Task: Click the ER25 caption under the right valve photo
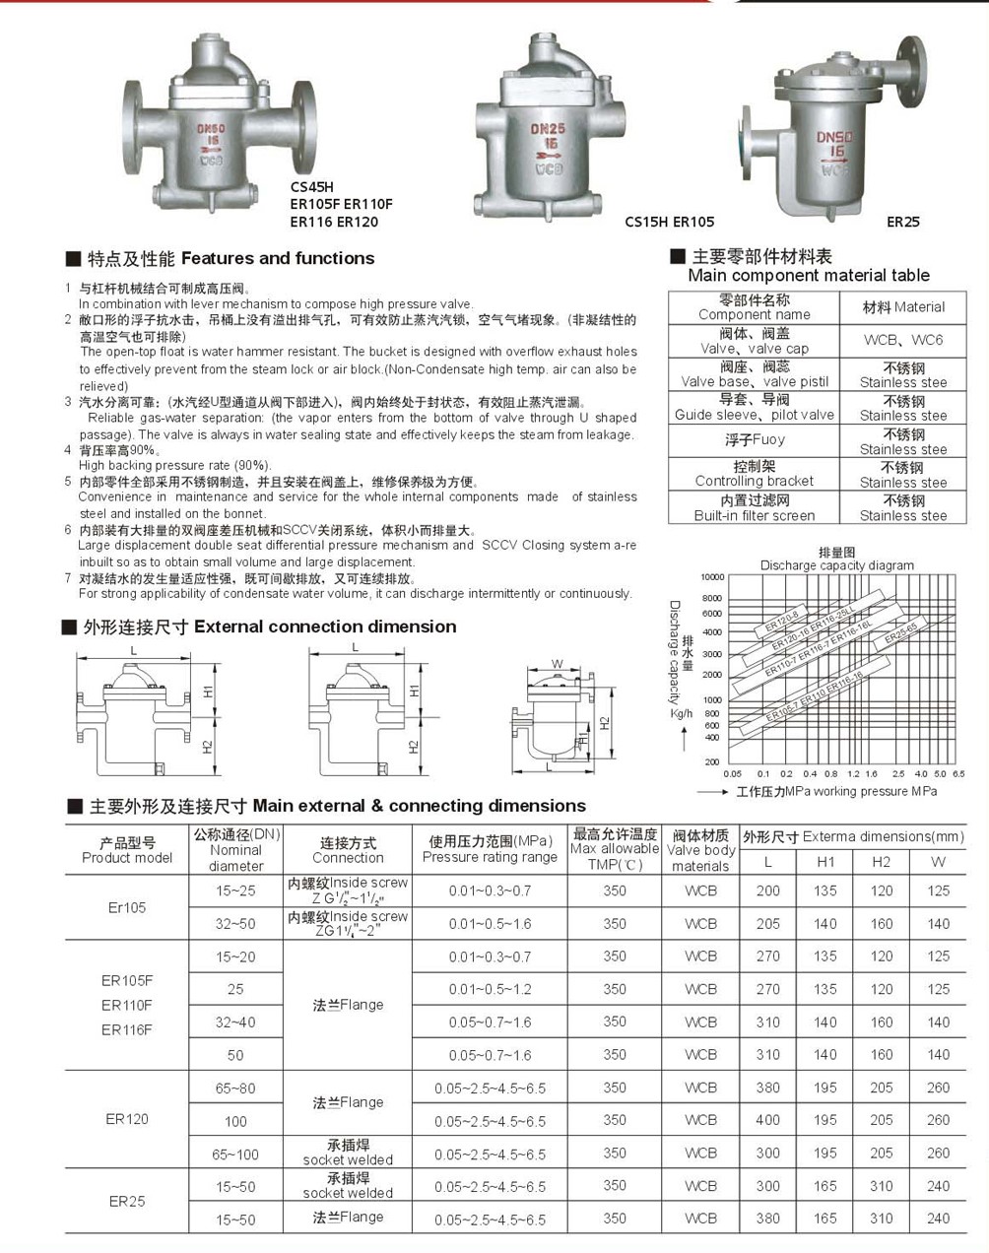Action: [902, 222]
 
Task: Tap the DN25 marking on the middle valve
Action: [548, 129]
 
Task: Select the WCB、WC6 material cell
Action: [902, 340]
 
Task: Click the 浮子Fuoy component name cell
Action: [755, 440]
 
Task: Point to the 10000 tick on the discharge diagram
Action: [712, 577]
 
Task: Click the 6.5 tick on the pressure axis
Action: [958, 774]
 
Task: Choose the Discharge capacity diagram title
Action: [836, 565]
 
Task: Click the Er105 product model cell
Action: [127, 907]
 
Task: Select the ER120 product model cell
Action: [127, 1119]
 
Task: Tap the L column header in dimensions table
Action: [768, 862]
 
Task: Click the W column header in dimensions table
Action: [938, 862]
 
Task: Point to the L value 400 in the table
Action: [768, 1121]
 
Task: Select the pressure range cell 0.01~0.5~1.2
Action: [490, 989]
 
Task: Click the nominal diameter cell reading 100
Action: [235, 1121]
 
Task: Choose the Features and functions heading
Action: [231, 259]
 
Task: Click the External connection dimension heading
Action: [269, 627]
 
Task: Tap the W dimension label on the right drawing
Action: [557, 664]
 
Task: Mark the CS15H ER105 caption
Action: [670, 222]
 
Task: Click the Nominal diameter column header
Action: [236, 850]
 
